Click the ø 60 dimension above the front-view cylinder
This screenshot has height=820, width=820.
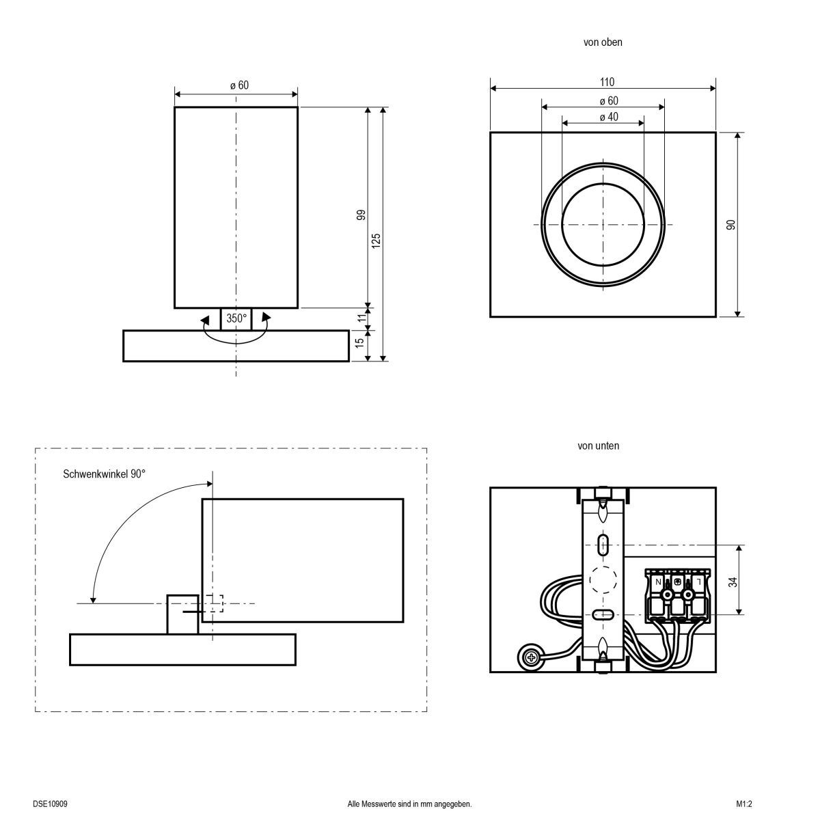pos(238,85)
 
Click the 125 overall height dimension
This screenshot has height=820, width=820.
pos(377,241)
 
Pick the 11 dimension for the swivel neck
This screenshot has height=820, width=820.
pos(361,316)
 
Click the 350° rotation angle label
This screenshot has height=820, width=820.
pos(236,318)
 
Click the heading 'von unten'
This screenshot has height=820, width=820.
pos(599,446)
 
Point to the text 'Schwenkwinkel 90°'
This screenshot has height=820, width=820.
pos(104,474)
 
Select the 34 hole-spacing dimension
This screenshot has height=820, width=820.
pos(733,582)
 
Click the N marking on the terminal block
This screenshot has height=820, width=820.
pos(657,582)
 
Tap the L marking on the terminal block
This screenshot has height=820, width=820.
pos(698,582)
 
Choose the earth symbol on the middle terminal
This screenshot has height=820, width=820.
pos(677,582)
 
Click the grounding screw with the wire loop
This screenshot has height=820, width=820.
pos(530,657)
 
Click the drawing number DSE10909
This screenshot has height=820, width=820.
pos(50,804)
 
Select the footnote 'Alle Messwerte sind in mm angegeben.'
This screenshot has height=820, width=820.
pos(410,804)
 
